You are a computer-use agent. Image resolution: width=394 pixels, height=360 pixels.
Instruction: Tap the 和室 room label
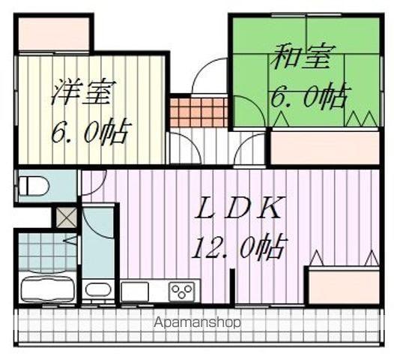[301, 57]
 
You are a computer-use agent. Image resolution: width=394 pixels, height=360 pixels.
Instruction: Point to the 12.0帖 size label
[239, 247]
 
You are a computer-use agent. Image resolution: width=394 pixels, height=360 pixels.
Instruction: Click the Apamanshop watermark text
[197, 322]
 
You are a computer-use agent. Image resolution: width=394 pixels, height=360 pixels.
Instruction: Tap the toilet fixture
[34, 186]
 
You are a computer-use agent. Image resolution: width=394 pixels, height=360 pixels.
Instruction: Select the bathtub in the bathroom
[47, 289]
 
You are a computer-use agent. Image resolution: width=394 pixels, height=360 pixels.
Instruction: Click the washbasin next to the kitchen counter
[98, 289]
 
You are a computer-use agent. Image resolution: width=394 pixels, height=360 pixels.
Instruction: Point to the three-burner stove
[182, 291]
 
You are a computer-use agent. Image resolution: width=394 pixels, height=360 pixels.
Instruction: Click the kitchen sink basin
[135, 291]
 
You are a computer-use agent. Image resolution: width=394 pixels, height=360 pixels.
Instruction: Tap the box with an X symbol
[66, 217]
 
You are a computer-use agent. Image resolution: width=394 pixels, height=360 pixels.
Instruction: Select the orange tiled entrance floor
[198, 112]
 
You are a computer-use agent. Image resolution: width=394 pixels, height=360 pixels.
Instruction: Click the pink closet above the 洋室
[54, 34]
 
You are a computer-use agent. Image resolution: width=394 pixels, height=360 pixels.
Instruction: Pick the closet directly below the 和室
[324, 148]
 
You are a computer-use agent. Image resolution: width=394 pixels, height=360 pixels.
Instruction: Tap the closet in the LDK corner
[344, 286]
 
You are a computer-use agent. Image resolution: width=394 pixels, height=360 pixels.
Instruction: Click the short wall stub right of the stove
[232, 286]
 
